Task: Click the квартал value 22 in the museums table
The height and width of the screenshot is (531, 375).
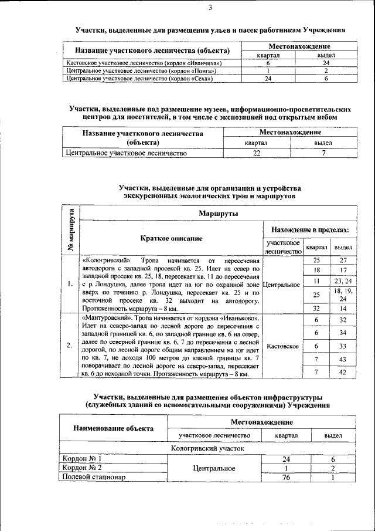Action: tap(256, 154)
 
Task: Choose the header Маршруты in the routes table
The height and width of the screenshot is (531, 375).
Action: tap(217, 213)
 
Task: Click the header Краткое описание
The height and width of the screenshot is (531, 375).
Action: tap(171, 238)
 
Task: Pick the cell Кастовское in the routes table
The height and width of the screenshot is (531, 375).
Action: tap(283, 346)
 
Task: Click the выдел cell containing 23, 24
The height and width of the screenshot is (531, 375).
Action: tap(343, 281)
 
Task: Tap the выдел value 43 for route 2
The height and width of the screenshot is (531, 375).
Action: tap(343, 358)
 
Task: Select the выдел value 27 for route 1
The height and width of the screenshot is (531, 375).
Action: tap(343, 260)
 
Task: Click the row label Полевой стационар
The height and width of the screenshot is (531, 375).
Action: tap(94, 477)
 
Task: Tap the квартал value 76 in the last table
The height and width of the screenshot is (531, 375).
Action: tap(287, 477)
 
